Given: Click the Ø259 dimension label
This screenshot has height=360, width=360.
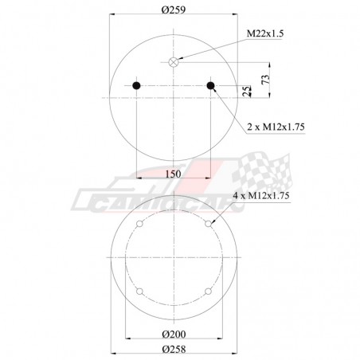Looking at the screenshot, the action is coord(174,10).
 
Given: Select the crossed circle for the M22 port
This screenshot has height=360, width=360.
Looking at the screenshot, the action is coord(174,62).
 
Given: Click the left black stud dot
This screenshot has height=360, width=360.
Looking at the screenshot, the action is coord(136,85).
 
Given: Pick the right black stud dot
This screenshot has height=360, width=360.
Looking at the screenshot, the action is coord(210,85).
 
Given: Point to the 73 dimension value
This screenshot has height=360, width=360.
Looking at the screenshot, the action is coord(265,79).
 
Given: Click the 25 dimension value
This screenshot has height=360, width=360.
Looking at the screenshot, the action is coord(247,91).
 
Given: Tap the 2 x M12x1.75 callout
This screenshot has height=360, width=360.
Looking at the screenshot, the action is coord(276,127).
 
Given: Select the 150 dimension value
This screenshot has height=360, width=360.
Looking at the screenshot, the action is coord(174,174).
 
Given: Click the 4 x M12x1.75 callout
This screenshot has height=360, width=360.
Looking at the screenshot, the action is coord(261,196).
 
